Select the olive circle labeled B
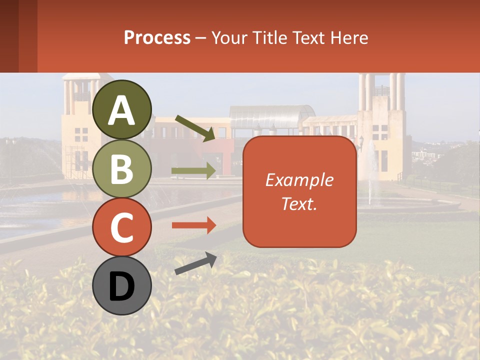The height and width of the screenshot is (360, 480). coord(122,168)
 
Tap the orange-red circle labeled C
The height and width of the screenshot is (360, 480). coord(122,227)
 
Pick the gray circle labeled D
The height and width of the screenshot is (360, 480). coord(122,285)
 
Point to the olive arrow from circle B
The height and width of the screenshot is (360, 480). coord(194,171)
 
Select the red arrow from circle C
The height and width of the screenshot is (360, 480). coord(194,225)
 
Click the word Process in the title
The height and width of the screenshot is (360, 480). coord(157,38)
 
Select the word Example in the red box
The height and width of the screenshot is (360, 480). coord(299,180)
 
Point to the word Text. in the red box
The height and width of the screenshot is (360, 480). coord(299,203)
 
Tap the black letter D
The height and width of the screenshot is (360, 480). coord(122,286)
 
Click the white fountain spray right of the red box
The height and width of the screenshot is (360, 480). coord(371,170)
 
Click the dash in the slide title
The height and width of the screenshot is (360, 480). coord(201,38)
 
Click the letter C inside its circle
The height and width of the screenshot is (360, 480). coord(122,228)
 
